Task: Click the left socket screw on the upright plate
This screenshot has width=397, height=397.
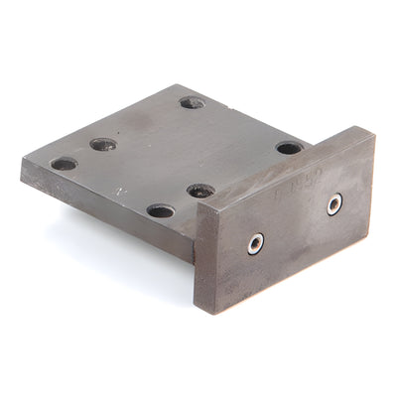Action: tap(256, 242)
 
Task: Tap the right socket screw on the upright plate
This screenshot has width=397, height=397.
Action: tap(334, 203)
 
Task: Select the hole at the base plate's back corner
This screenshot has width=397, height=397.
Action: tap(192, 101)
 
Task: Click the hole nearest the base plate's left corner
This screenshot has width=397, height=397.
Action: tap(65, 163)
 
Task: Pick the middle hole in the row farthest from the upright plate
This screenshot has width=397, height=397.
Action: tap(103, 144)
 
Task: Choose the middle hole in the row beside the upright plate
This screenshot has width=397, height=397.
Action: tap(200, 190)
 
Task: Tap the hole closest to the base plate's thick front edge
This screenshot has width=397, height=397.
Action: tap(160, 210)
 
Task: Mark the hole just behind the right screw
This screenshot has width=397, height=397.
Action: tap(289, 148)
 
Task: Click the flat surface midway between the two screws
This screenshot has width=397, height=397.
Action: tap(296, 223)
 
